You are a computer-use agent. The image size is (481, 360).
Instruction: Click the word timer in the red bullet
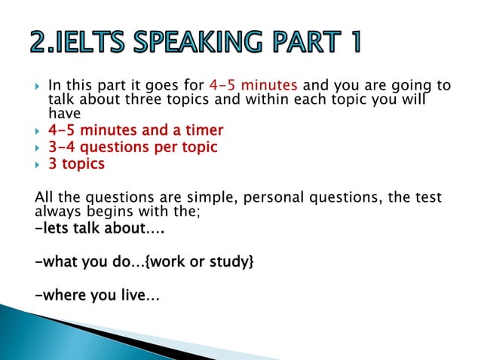point(204,132)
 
